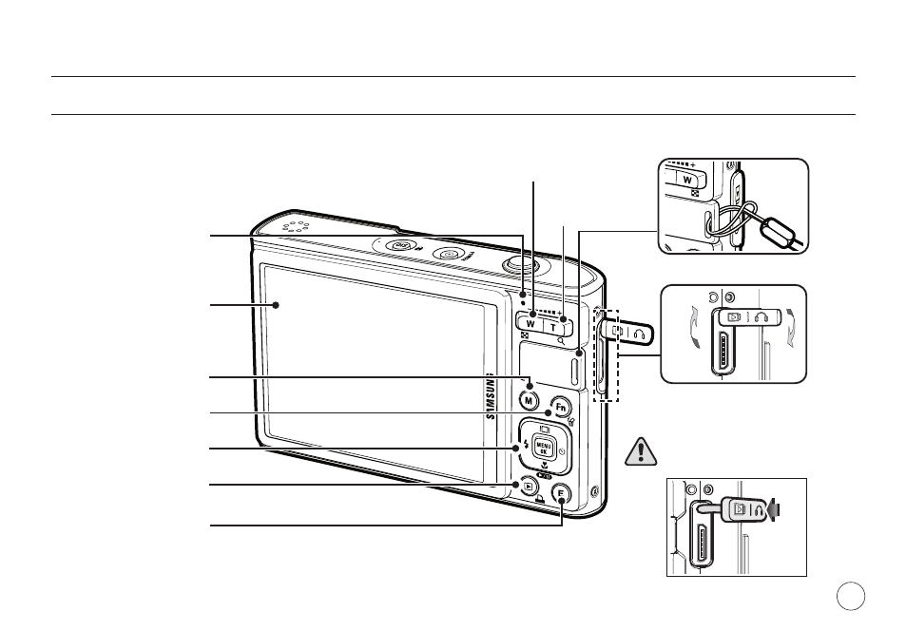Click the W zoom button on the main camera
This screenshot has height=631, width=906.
tap(530, 322)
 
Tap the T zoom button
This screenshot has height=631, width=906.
tap(554, 327)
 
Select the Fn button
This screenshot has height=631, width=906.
tap(561, 408)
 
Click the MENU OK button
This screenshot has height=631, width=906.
tap(544, 448)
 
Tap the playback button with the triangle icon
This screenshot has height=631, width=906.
tap(529, 487)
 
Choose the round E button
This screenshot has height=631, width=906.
tap(561, 494)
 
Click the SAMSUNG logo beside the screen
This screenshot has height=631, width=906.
tap(491, 396)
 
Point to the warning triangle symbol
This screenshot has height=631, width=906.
tap(641, 452)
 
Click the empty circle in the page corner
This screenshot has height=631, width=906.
tap(851, 596)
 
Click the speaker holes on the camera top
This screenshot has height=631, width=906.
tap(296, 226)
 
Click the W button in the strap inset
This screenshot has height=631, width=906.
tap(687, 179)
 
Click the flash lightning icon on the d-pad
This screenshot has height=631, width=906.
tap(526, 446)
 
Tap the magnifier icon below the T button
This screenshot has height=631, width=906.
tap(561, 341)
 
